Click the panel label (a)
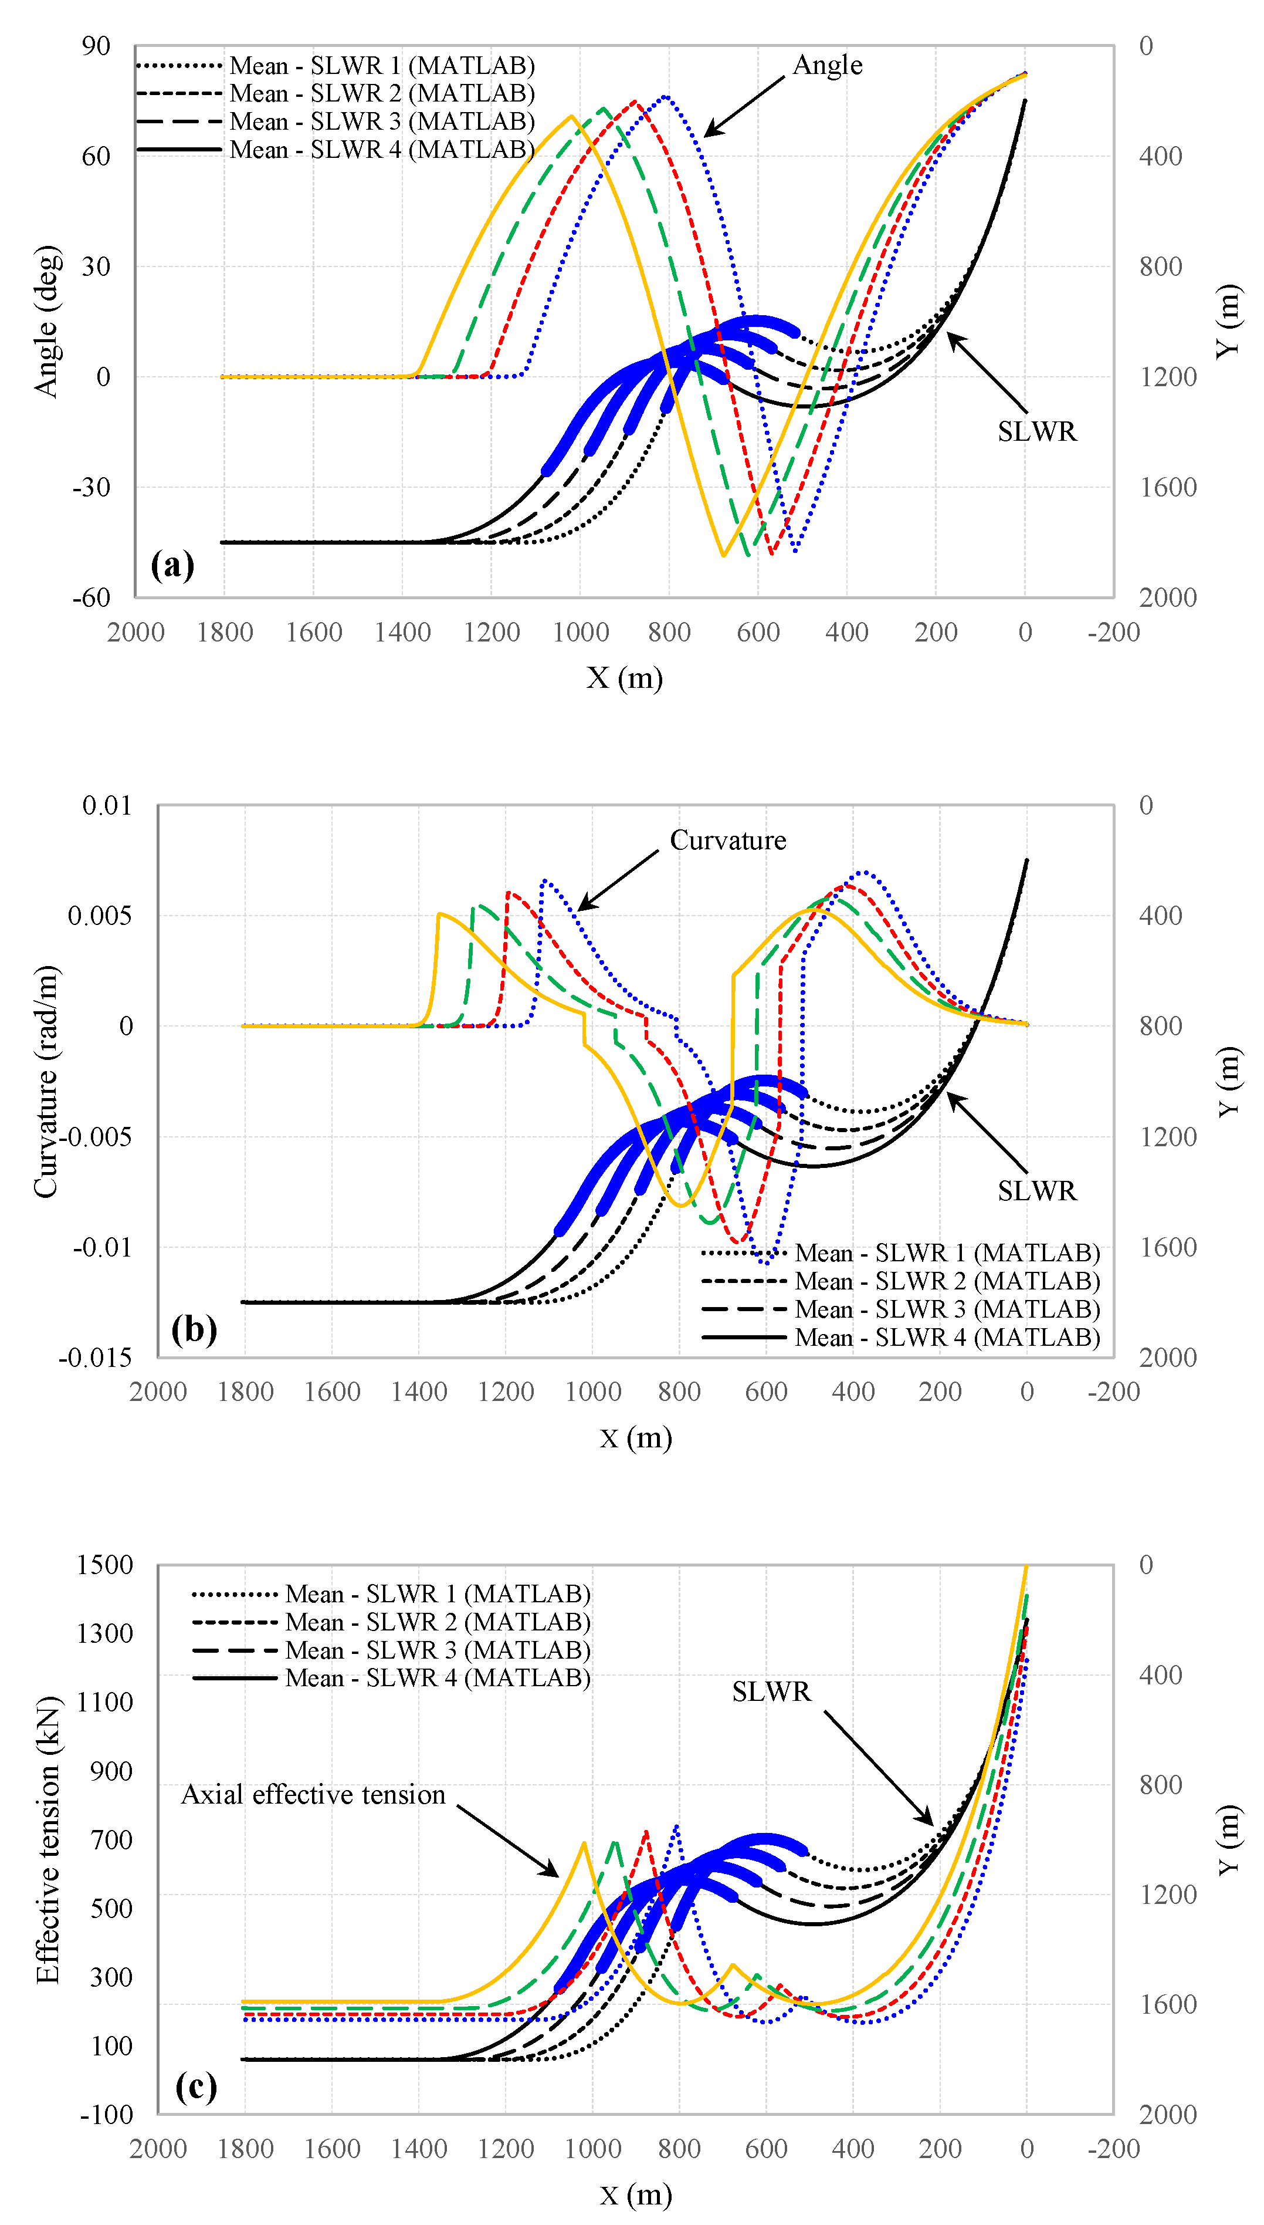tap(172, 565)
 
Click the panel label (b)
tap(194, 1329)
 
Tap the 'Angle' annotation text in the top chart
tap(828, 65)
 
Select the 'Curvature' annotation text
tap(727, 840)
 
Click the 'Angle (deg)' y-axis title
tap(47, 321)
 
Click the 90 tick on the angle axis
tap(96, 46)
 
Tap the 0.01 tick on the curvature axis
tap(107, 805)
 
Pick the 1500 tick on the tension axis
tap(104, 1565)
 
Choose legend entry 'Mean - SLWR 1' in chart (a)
tap(381, 66)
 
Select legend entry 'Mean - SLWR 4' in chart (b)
tap(946, 1338)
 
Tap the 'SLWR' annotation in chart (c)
tap(771, 1691)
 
